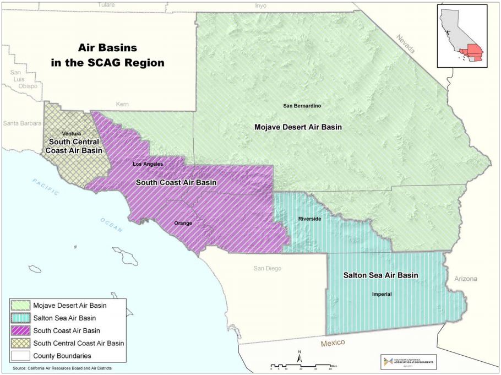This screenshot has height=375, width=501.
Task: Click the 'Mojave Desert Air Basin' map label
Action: pos(298,127)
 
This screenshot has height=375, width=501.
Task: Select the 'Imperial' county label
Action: pos(381,294)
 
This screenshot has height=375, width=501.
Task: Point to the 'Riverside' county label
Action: pos(309,219)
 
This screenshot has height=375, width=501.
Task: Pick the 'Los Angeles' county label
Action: pos(148,164)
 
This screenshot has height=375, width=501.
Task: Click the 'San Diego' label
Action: pos(267,269)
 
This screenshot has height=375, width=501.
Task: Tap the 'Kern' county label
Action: pos(122,104)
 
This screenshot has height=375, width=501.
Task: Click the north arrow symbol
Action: pos(299,358)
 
